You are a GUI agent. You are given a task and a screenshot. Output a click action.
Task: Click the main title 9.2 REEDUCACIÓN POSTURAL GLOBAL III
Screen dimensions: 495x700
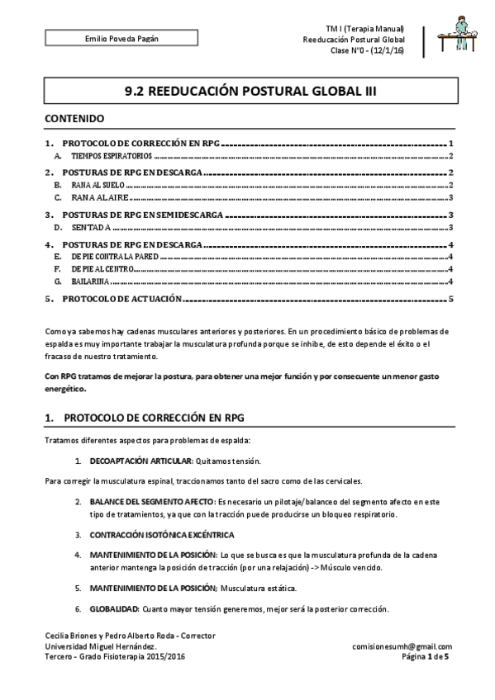248,92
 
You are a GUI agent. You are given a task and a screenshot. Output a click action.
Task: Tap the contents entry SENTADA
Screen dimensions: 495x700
88,227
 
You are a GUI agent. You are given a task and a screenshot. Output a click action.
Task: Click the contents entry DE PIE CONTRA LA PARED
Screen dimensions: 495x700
114,258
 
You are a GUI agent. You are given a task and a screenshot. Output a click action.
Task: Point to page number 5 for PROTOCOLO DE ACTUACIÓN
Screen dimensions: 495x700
451,299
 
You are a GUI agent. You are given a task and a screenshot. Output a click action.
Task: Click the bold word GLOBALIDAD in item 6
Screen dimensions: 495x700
114,608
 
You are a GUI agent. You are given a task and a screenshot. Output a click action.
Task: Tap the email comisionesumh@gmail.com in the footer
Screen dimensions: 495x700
402,646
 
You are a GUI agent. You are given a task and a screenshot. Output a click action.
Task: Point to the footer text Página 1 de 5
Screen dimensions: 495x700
425,656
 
